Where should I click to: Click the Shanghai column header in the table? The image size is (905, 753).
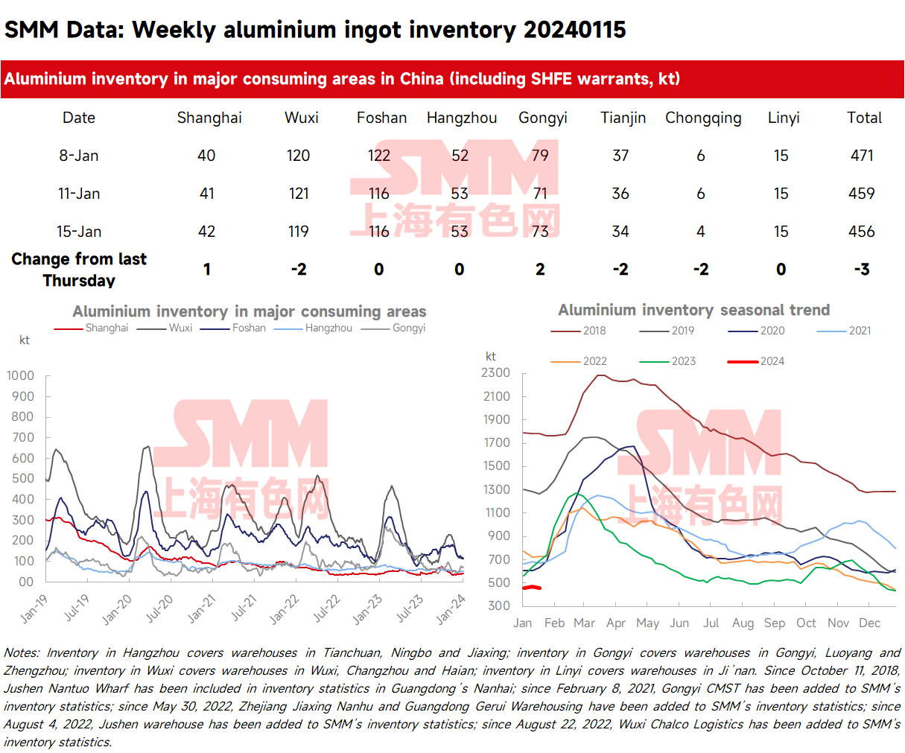coord(209,118)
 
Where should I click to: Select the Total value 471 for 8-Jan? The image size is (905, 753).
coord(862,156)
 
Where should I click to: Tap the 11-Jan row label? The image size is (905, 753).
coord(79,194)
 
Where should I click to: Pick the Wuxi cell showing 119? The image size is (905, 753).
coord(299,232)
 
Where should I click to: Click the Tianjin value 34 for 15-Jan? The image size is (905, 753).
coord(620,232)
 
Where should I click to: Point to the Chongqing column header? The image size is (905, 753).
coord(703,118)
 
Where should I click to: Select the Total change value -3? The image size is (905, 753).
coord(862,270)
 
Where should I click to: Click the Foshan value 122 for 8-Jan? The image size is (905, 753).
coord(379,156)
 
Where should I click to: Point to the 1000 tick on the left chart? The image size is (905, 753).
coord(20,375)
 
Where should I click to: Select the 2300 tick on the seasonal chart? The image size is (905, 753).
coord(496,373)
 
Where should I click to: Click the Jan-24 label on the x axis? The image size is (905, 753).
coord(451,609)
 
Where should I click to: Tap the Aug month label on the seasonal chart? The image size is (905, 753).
coord(743,623)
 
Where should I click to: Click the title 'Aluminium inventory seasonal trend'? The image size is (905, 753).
coord(693,310)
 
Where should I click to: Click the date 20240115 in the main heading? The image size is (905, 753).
coord(574,30)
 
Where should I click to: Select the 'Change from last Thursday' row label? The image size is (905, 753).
coord(79,270)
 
